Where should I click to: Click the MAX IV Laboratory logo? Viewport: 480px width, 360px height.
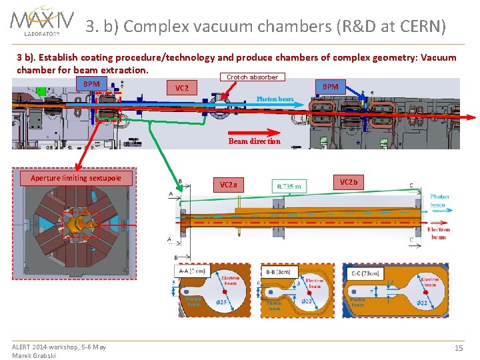point(42,21)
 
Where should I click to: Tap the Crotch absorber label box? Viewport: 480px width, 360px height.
point(252,77)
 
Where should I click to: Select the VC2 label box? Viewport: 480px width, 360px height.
point(181,88)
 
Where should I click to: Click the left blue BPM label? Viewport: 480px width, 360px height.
point(91,84)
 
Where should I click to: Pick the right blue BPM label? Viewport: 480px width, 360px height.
point(331,87)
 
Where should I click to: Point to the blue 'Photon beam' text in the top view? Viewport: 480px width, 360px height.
point(275,99)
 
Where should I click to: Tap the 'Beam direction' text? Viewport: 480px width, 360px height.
point(254,141)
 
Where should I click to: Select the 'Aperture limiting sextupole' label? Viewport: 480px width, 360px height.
point(76,178)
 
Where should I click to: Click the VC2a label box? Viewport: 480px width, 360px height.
point(228,185)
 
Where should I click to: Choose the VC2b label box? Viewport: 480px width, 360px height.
point(348,182)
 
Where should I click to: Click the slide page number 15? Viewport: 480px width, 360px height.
point(458,348)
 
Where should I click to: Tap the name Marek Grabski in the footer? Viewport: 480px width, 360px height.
point(34,355)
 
